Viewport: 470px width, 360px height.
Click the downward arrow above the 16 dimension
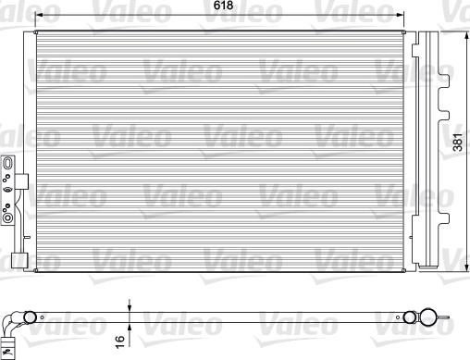pyautogui.click(x=130, y=308)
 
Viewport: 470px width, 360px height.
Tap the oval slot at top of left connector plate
pyautogui.click(x=8, y=163)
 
